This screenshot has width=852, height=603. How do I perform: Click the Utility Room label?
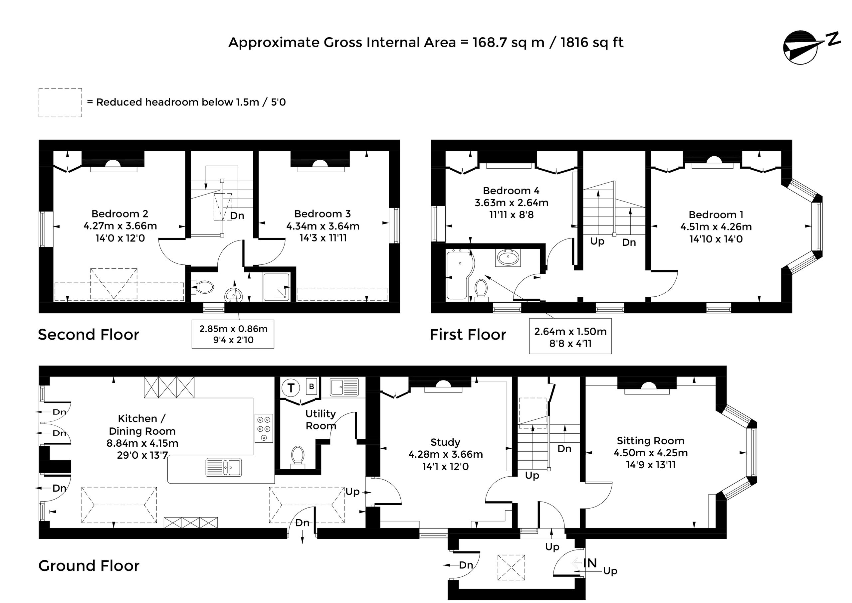coord(320,420)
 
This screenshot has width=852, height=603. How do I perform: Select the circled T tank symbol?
coord(291,388)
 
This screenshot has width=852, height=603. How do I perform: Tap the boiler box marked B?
coord(312,386)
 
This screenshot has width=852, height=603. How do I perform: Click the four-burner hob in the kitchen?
coord(264,428)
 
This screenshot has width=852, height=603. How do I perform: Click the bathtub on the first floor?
coord(459,274)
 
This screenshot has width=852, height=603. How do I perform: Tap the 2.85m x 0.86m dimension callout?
coord(233,334)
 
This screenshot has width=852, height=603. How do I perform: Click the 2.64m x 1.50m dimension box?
coord(570,337)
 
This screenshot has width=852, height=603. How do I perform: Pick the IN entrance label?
coord(590,563)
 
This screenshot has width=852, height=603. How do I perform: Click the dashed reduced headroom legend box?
coord(60,102)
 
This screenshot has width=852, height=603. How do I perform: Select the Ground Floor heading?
coord(89,565)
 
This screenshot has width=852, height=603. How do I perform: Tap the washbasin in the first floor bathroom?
coord(508,257)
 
